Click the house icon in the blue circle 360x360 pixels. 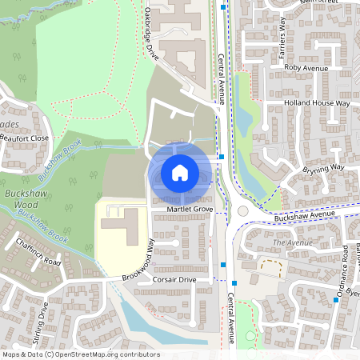pyautogui.click(x=180, y=172)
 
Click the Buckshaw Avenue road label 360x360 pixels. pyautogui.click(x=302, y=216)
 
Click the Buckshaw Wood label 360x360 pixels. pyautogui.click(x=25, y=199)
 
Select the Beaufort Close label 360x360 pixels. pyautogui.click(x=25, y=138)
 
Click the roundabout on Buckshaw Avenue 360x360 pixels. pyautogui.click(x=243, y=211)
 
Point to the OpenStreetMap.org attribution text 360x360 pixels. pyautogui.click(x=80, y=354)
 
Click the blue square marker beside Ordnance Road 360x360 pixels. pyautogui.click(x=337, y=300)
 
